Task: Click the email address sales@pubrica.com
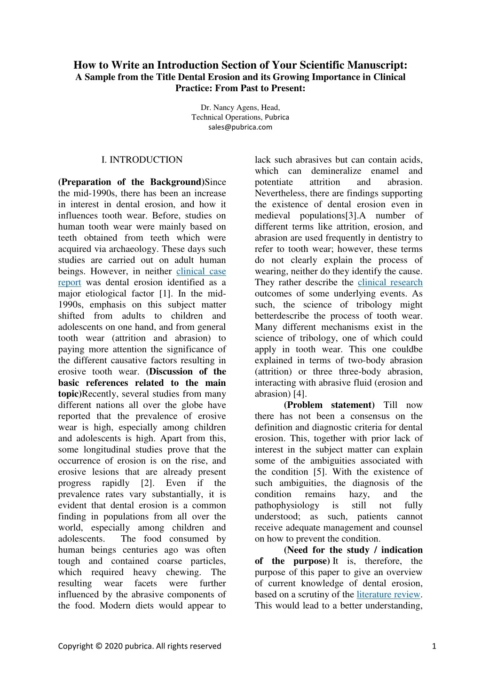[240, 127]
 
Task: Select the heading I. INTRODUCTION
[142, 160]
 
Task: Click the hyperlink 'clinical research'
[390, 282]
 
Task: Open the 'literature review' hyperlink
[388, 594]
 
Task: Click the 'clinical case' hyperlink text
[201, 271]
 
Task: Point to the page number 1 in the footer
[434, 646]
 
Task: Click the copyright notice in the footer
[139, 646]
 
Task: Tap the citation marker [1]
[165, 294]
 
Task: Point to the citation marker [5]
[317, 472]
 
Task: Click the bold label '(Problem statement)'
[329, 405]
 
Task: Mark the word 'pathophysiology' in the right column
[287, 505]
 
